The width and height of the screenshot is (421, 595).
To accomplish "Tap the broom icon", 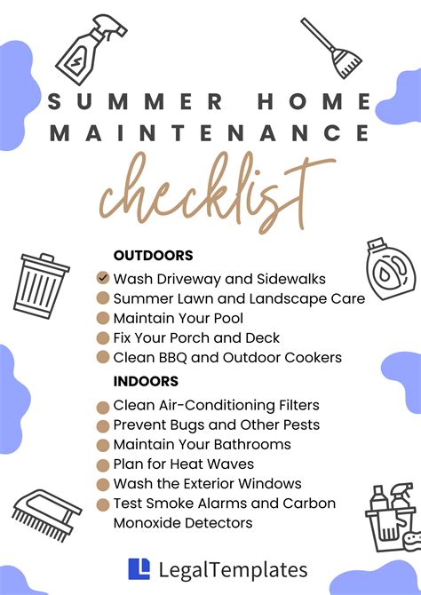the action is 331,48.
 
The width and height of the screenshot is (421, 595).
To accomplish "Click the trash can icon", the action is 41,286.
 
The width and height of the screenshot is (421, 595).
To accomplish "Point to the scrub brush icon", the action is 47,514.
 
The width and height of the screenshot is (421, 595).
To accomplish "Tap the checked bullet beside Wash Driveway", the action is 103,278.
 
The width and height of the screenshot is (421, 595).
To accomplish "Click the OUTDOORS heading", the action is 154,256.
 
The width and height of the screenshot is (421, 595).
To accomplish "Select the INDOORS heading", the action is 146,381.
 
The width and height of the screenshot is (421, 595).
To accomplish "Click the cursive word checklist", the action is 217,192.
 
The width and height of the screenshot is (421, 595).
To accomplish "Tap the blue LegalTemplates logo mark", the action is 139,569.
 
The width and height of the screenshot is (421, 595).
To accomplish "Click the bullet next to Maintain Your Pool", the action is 103,318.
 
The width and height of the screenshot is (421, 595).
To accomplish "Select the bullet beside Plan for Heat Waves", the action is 103,464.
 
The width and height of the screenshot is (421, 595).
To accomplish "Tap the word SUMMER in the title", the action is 136,102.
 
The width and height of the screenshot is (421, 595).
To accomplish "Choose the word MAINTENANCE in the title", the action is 210,132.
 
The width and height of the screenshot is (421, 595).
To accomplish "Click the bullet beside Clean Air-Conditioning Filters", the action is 103,408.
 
